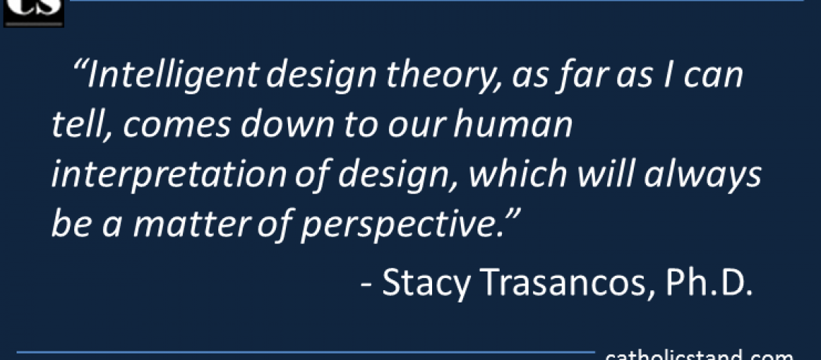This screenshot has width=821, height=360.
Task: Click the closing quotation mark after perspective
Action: (x=510, y=216)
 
